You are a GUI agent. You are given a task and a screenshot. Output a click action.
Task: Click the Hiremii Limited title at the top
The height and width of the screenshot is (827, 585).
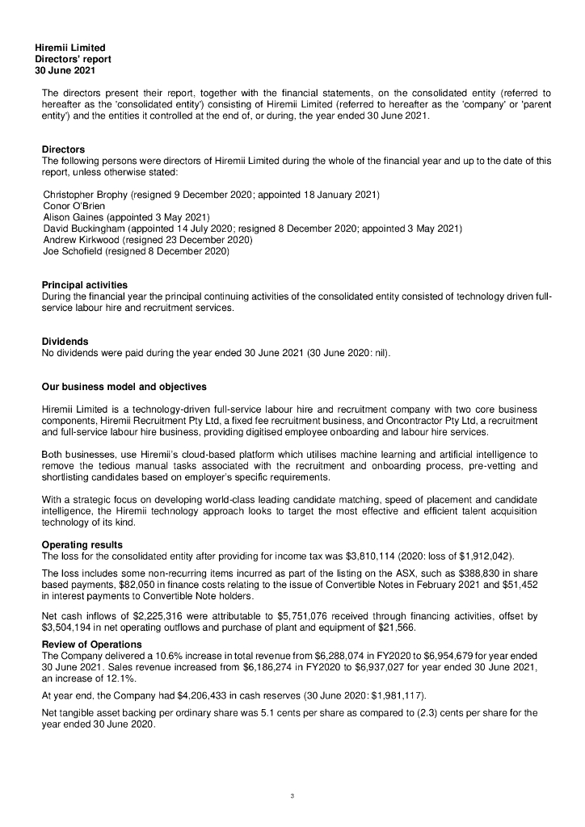click(69, 48)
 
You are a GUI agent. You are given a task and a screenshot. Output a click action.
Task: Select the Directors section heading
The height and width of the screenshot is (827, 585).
click(63, 149)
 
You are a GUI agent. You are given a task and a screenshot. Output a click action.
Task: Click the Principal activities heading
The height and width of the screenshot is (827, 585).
click(84, 285)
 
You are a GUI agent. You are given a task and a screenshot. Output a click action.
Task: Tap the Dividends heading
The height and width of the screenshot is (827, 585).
click(65, 342)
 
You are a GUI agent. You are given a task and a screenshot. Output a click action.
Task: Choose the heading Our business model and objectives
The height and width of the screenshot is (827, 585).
click(124, 386)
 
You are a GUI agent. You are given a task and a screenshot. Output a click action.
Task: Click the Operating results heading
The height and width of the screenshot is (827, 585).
click(82, 544)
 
